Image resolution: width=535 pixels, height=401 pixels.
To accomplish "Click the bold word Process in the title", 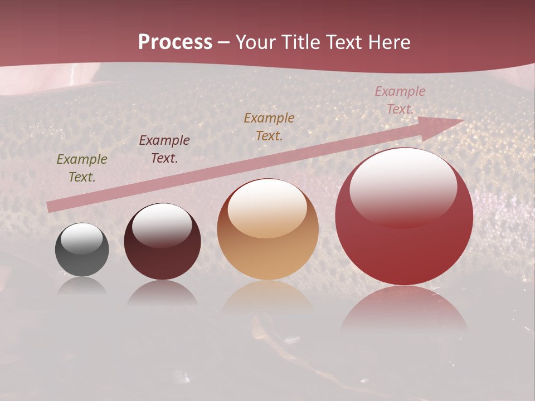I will tap(175, 42).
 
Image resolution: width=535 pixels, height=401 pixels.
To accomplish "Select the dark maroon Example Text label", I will tap(164, 149).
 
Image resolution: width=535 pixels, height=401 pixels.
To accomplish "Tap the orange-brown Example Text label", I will tap(269, 126).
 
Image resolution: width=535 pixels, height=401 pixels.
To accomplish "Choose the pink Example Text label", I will tap(400, 100).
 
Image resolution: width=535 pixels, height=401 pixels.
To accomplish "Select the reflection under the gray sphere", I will tap(82, 285).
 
